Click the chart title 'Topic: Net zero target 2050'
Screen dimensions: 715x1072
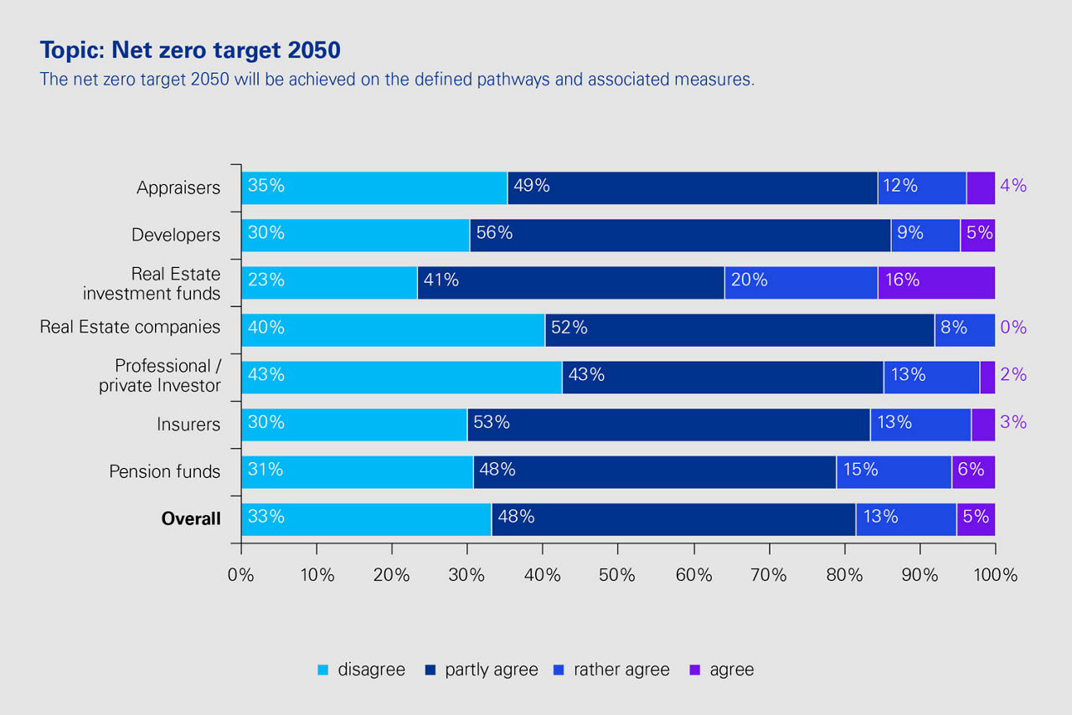pyautogui.click(x=190, y=50)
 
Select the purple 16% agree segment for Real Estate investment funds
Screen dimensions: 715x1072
pyautogui.click(x=936, y=282)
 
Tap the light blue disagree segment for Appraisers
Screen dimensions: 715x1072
pyautogui.click(x=374, y=188)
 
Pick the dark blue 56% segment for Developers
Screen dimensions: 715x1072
pyautogui.click(x=680, y=235)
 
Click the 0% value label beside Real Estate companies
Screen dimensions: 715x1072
pyautogui.click(x=1013, y=327)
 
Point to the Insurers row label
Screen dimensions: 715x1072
pyautogui.click(x=188, y=424)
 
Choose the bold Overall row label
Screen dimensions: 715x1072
pyautogui.click(x=191, y=519)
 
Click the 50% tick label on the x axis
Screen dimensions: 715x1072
pyautogui.click(x=618, y=575)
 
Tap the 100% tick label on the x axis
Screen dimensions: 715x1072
pyautogui.click(x=996, y=575)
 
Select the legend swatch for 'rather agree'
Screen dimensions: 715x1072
pyautogui.click(x=559, y=670)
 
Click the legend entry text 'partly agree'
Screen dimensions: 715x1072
pyautogui.click(x=492, y=670)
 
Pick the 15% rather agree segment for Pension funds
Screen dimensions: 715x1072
pyautogui.click(x=894, y=472)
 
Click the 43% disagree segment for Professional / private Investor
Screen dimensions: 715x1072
pyautogui.click(x=401, y=378)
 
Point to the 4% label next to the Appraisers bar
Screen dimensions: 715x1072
pyautogui.click(x=1013, y=186)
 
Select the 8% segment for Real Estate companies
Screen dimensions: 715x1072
pyautogui.click(x=965, y=330)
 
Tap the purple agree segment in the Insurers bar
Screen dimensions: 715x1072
pyautogui.click(x=983, y=424)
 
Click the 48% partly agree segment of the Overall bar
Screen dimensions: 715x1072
pyautogui.click(x=673, y=519)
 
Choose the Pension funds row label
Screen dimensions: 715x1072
pyautogui.click(x=165, y=472)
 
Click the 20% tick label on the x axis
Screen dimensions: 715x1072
pyautogui.click(x=391, y=575)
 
